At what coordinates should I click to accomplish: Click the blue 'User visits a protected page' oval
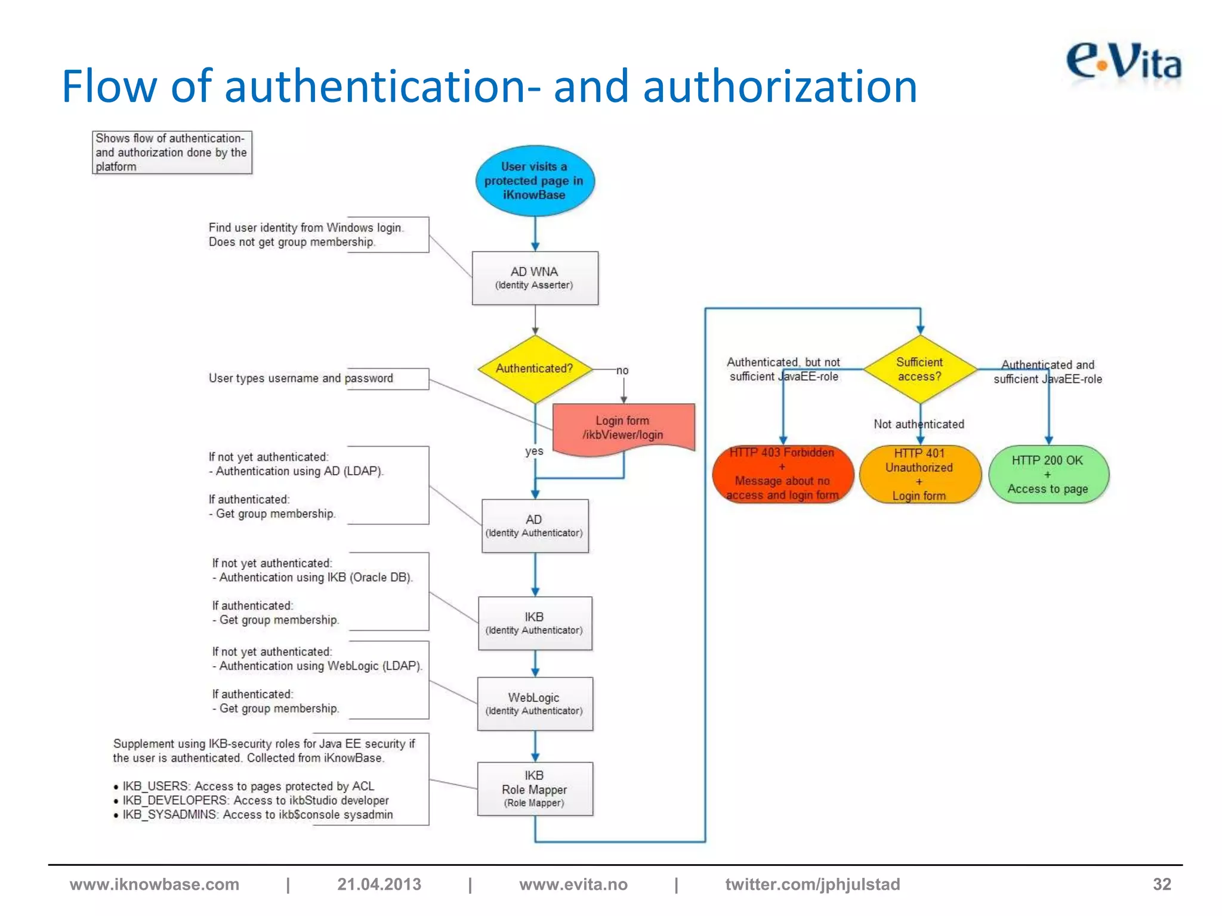click(535, 181)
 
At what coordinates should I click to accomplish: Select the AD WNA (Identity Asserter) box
click(535, 278)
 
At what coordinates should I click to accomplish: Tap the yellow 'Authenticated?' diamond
click(535, 369)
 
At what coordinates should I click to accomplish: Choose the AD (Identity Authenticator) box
click(535, 525)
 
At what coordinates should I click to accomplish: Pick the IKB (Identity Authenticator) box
click(535, 623)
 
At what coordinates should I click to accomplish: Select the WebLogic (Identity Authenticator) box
click(535, 703)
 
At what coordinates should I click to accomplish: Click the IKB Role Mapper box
click(535, 788)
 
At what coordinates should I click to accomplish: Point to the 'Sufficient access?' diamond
click(919, 369)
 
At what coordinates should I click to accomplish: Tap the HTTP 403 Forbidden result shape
click(782, 474)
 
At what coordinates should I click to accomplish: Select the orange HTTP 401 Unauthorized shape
click(919, 474)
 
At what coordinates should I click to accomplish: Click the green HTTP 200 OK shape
click(1048, 474)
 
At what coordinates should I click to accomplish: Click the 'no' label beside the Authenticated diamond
click(622, 370)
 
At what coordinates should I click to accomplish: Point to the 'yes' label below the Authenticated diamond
click(534, 451)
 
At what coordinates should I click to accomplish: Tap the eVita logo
click(1123, 63)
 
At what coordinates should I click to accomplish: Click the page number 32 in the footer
click(1161, 884)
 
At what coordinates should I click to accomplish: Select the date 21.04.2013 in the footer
click(379, 884)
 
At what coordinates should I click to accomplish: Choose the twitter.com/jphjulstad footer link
click(812, 884)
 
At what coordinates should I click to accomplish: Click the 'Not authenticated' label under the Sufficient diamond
click(918, 424)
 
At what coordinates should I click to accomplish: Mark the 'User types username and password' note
click(301, 378)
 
